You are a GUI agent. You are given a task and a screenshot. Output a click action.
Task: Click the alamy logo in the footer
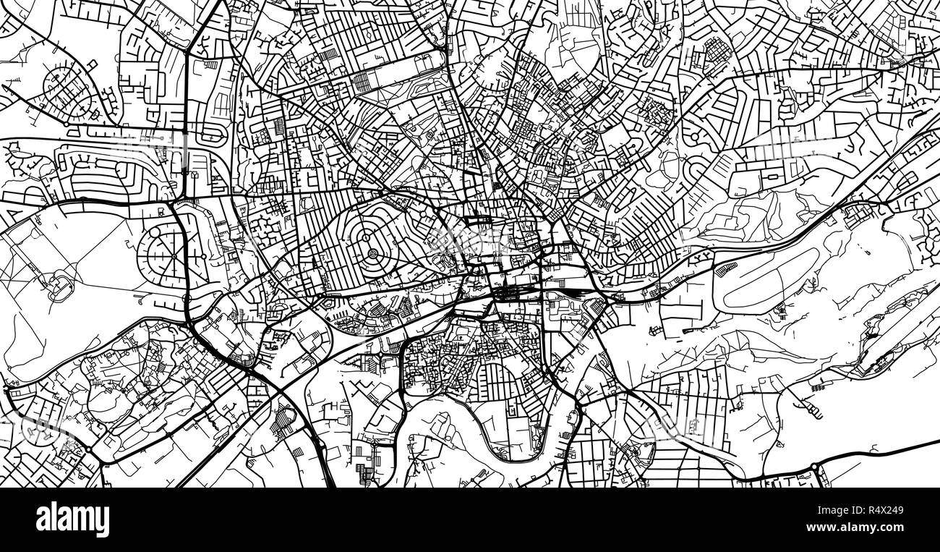click(73, 519)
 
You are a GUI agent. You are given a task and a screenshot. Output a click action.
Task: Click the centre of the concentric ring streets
click(372, 252)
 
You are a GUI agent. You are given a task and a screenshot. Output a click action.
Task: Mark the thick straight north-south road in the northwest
click(187, 109)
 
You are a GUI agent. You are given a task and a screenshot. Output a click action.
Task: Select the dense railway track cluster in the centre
click(510, 292)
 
